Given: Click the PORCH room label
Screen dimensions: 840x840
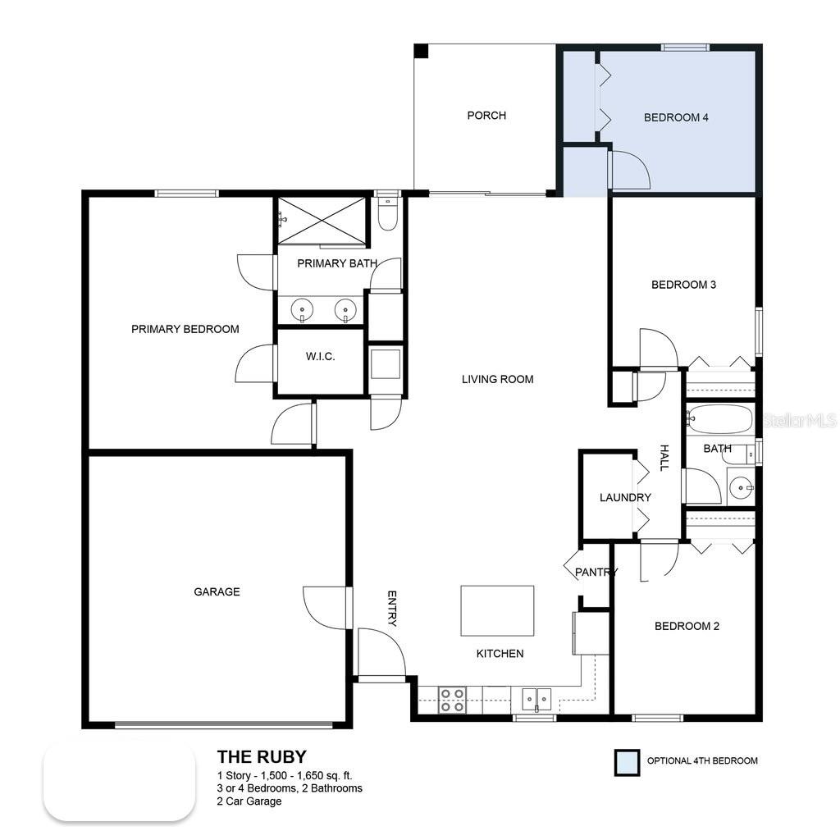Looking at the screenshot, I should (x=486, y=116).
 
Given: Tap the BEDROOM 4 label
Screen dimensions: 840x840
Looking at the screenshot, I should (x=676, y=117).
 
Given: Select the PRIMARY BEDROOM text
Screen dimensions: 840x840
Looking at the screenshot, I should (x=185, y=329).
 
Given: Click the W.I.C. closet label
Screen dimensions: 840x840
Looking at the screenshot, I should (x=321, y=358).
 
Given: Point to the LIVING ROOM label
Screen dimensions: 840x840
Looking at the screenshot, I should (x=497, y=379).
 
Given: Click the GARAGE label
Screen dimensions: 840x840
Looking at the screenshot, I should (x=217, y=591).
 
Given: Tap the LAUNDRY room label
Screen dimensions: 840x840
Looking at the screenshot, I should (x=625, y=497).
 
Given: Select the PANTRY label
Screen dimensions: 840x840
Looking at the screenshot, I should (x=596, y=572).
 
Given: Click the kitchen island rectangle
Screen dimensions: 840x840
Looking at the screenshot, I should (x=497, y=610).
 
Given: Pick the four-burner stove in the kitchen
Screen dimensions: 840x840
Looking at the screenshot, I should (x=451, y=699).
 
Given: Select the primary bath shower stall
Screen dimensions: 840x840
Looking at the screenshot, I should (x=321, y=220).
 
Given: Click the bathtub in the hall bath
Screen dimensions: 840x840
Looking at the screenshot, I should (x=719, y=419).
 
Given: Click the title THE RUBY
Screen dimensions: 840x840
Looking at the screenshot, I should (x=262, y=756).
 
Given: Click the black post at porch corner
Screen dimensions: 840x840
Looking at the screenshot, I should (x=421, y=51).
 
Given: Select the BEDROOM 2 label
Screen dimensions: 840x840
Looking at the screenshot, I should (x=687, y=626).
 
